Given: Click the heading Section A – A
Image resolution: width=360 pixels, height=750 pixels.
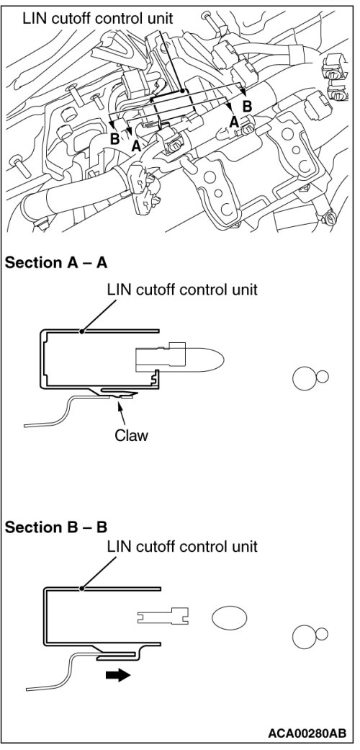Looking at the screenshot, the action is coord(56,262).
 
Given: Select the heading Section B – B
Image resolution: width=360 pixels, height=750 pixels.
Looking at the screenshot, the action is coord(56,527).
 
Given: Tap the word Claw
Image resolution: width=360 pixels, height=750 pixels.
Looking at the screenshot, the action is coord(132,435).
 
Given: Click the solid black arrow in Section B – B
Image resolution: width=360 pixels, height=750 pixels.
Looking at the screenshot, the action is coord(118,675).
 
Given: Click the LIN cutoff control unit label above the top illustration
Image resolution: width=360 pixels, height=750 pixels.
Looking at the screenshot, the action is coord(97,19).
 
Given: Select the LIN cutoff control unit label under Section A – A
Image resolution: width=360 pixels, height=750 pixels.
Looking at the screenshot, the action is coord(183,290).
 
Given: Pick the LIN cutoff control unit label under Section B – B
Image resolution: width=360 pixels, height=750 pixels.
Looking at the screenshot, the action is coord(183,546).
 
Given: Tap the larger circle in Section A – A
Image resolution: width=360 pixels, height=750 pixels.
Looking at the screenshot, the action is coord(305,378).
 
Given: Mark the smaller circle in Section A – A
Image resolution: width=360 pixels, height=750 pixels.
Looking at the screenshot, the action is coord(323,376).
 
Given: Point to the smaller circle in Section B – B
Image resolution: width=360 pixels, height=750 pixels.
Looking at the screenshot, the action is coord(322,634).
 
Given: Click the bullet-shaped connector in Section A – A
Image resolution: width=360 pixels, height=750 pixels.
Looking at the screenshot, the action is coord(180,359).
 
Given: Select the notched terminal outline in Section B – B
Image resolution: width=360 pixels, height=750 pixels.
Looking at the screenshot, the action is coord(163,616).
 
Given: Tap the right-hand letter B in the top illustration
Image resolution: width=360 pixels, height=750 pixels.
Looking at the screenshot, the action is coord(247,105).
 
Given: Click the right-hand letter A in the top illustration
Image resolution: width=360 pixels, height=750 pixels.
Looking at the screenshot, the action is coord(234,122).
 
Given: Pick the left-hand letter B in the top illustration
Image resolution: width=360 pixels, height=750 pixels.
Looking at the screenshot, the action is coord(114,139).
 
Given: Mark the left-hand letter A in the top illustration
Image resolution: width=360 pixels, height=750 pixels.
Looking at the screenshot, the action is coord(136,146).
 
